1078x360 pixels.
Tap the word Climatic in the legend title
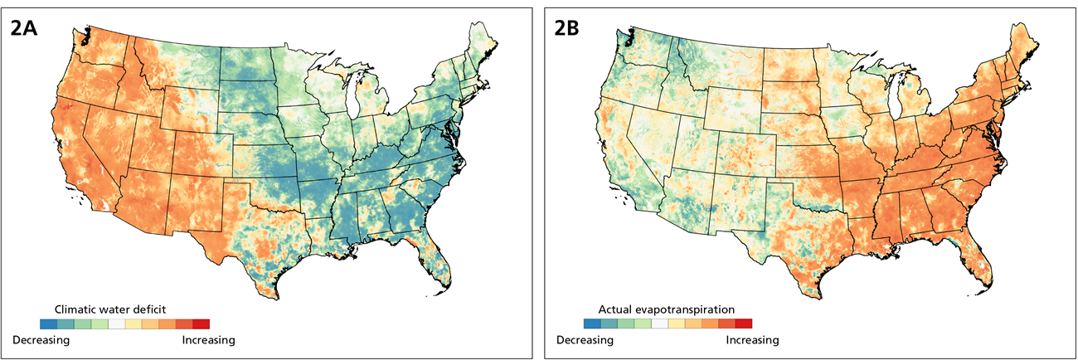75,309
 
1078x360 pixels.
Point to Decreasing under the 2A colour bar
41,339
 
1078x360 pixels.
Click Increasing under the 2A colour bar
208,339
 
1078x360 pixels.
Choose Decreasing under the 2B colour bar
584,340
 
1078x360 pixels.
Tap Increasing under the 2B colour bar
752,340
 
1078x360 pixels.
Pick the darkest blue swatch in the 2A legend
49,324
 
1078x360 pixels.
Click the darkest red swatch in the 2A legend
202,324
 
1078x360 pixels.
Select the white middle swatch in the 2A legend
117,324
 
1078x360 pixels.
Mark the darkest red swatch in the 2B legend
744,324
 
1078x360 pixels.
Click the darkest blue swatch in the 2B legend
591,324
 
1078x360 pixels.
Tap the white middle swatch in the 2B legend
659,324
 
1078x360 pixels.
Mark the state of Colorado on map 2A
199,146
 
